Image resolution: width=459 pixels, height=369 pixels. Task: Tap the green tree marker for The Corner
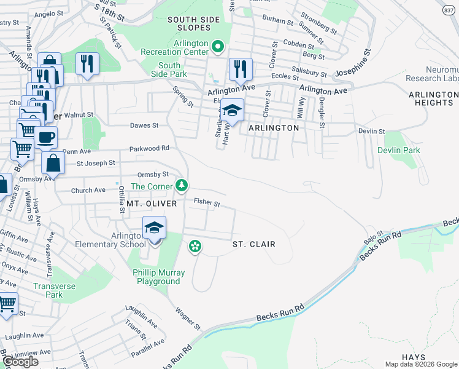pyautogui.click(x=181, y=185)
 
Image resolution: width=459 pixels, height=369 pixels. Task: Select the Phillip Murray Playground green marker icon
pyautogui.click(x=195, y=247)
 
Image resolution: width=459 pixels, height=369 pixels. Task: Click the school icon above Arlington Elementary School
pyautogui.click(x=155, y=229)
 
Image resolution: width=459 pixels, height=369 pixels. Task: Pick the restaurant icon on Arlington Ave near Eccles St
pyautogui.click(x=241, y=68)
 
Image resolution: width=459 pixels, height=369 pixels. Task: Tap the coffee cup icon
pyautogui.click(x=45, y=137)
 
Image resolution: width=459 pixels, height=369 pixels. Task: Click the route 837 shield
pyautogui.click(x=449, y=10)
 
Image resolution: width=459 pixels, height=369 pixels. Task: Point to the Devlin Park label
pyautogui.click(x=398, y=150)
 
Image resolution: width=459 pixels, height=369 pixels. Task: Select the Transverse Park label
pyautogui.click(x=48, y=290)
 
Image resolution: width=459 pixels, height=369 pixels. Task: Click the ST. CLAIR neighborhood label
pyautogui.click(x=253, y=244)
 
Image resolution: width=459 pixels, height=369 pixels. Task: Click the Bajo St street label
pyautogui.click(x=372, y=237)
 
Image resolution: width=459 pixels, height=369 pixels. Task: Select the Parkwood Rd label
pyautogui.click(x=149, y=148)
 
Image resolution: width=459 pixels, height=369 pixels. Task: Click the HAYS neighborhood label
pyautogui.click(x=414, y=357)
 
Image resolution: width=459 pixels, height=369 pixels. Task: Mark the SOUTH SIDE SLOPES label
pyautogui.click(x=193, y=25)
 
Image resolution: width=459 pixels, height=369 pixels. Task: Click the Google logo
pyautogui.click(x=21, y=362)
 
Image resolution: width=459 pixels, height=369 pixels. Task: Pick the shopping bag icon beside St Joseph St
pyautogui.click(x=53, y=164)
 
